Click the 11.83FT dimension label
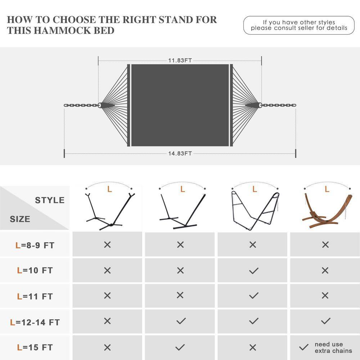[x=180, y=60]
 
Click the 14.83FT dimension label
[x=180, y=153]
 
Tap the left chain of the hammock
[x=81, y=105]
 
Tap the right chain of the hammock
[x=279, y=105]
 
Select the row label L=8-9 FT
[x=35, y=245]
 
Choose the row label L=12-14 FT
[x=35, y=322]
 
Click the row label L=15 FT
[x=35, y=347]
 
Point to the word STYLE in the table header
[x=50, y=200]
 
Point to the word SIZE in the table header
[x=20, y=219]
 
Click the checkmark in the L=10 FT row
[x=254, y=271]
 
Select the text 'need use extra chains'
[x=333, y=347]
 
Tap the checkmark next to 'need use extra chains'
[x=304, y=347]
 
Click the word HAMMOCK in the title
[x=63, y=31]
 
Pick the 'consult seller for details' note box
[x=299, y=25]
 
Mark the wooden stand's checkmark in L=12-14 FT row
[x=326, y=321]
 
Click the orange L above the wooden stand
[x=327, y=189]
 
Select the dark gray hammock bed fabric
[x=180, y=105]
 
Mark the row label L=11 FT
[x=35, y=296]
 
